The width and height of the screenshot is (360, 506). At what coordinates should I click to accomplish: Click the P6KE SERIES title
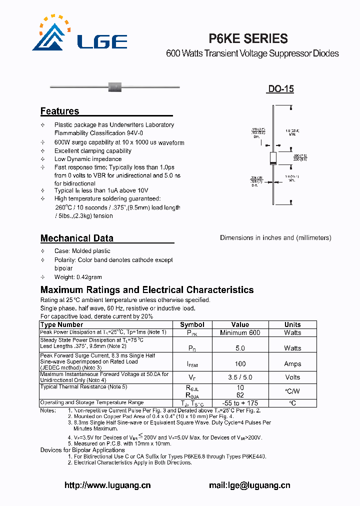(x=247, y=38)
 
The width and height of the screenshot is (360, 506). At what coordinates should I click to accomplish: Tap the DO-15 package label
(x=280, y=89)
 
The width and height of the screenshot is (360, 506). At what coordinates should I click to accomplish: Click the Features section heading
(x=59, y=111)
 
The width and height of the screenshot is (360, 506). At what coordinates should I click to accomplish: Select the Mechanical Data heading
(x=76, y=238)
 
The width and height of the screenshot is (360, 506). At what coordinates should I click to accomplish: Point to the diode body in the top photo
(x=115, y=87)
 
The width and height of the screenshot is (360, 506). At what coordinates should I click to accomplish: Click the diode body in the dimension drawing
(x=273, y=158)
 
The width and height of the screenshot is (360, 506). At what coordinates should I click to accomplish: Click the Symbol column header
(x=192, y=324)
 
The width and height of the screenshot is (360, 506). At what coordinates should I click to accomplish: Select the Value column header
(x=240, y=324)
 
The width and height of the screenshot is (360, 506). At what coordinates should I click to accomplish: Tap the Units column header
(x=292, y=324)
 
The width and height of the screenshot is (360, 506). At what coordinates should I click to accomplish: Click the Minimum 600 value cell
(x=240, y=332)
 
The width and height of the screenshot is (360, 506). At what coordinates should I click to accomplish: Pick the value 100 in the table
(x=240, y=364)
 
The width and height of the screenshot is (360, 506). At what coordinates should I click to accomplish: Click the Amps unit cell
(x=292, y=364)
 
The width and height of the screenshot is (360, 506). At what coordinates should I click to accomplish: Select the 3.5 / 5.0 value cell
(x=240, y=377)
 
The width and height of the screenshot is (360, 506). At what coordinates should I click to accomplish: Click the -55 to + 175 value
(x=240, y=403)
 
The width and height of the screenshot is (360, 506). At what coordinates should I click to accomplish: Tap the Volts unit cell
(x=292, y=377)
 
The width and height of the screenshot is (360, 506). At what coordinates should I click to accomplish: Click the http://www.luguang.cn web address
(x=107, y=485)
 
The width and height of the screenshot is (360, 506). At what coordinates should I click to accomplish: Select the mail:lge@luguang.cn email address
(x=249, y=485)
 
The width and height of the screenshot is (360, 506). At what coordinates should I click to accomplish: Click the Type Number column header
(x=61, y=324)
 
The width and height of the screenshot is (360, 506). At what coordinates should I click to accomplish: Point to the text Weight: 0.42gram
(x=78, y=277)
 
